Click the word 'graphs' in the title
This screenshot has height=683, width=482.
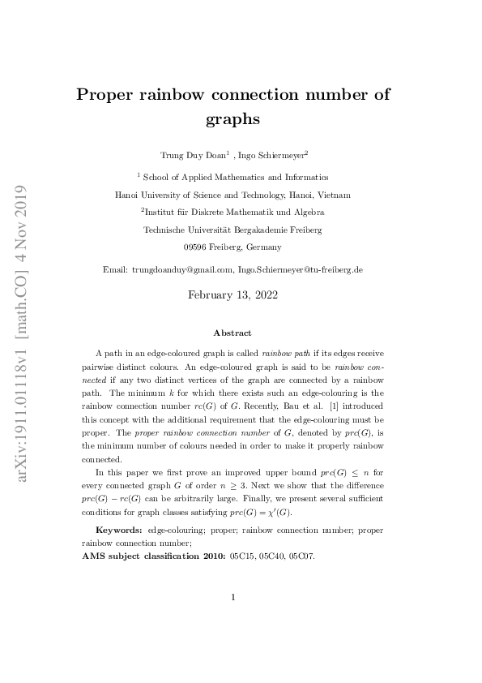[x=232, y=119]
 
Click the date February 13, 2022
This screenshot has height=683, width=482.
[x=232, y=295]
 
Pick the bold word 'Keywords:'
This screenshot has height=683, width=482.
[x=120, y=530]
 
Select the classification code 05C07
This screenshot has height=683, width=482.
[x=302, y=556]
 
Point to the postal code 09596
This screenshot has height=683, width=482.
[x=198, y=247]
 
